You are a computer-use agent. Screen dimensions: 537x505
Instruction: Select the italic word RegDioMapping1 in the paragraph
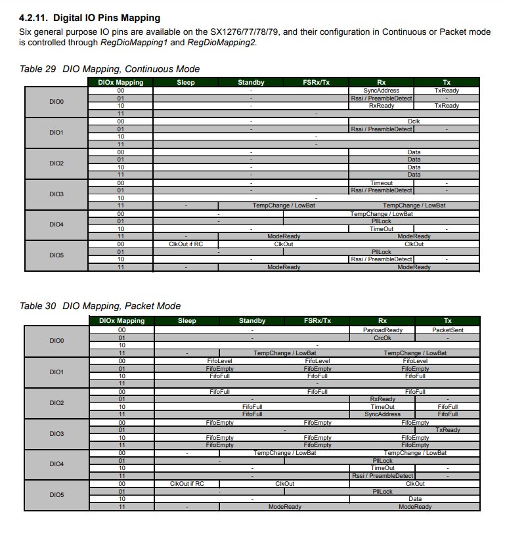pos(133,43)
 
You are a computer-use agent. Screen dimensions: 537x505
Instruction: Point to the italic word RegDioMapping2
pos(221,43)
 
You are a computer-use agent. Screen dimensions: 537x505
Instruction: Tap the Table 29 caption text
pos(110,69)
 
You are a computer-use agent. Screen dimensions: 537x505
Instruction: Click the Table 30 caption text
pos(100,306)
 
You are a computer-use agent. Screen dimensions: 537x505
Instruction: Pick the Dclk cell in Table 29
pos(414,121)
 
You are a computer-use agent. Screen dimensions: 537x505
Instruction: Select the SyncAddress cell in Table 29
pos(381,91)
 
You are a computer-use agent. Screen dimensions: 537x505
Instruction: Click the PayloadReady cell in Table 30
pos(382,330)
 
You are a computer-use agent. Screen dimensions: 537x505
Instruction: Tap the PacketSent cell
pos(448,330)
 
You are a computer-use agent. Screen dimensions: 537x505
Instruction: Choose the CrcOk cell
pos(382,337)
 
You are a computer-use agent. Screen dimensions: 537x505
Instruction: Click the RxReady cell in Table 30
pos(382,399)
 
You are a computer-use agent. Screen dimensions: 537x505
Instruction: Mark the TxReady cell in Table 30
pos(448,430)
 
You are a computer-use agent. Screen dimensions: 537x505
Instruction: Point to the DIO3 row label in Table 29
pos(56,194)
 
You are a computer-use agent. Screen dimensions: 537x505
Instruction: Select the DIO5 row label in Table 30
pos(56,495)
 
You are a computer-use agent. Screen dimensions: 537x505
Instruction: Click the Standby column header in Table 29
pos(251,82)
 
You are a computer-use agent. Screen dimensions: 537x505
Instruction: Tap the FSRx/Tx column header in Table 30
pos(317,321)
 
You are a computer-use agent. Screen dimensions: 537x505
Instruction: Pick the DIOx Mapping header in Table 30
pos(121,321)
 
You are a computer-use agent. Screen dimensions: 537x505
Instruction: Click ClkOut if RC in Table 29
pos(187,244)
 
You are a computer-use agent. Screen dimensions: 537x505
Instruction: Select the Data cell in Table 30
pos(414,499)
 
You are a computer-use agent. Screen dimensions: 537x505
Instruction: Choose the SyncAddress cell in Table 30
pos(382,414)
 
